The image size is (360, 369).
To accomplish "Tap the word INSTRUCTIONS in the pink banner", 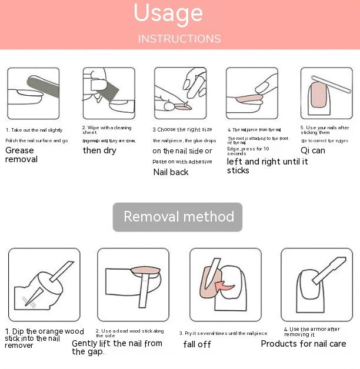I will (x=179, y=39).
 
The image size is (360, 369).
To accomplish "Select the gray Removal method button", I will (x=178, y=217).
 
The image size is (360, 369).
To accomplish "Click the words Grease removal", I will (x=21, y=155).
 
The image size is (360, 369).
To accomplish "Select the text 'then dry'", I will (x=99, y=150).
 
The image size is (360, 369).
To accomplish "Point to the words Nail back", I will (x=171, y=172).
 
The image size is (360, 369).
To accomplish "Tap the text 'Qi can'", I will (x=312, y=150).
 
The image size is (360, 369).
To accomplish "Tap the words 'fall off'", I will (x=196, y=344).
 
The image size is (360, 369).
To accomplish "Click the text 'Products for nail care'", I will (x=304, y=344).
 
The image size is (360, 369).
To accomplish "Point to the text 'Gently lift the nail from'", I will (x=117, y=343).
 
